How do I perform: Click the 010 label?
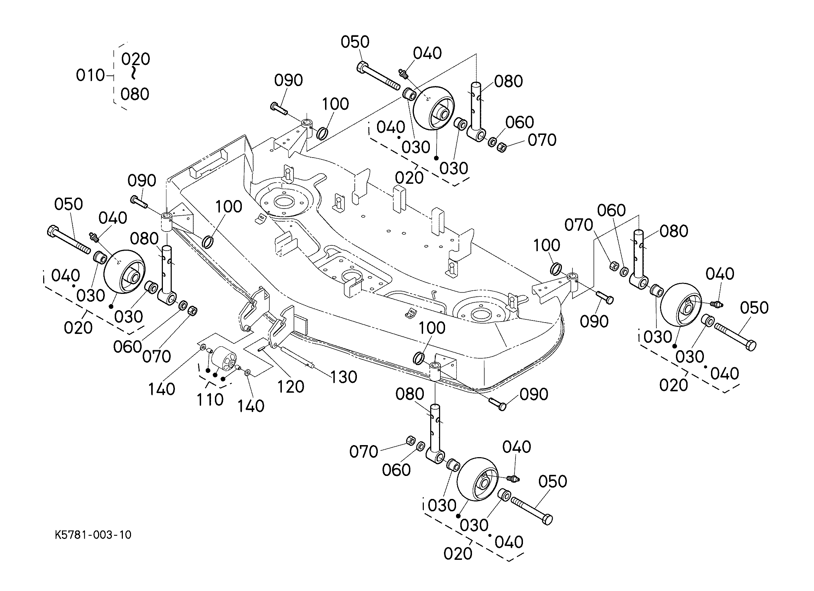click(90, 76)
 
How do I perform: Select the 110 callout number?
click(210, 400)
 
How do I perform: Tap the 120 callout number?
click(291, 387)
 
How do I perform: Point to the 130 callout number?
click(343, 377)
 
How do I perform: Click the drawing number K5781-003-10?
click(93, 535)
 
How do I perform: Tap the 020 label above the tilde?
click(135, 59)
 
